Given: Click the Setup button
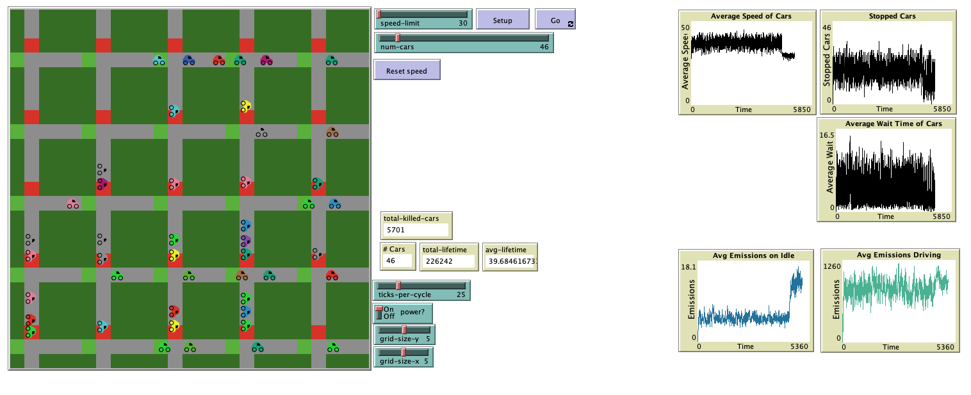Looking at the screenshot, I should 503,20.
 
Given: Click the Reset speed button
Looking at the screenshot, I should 407,70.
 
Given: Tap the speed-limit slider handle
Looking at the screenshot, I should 379,14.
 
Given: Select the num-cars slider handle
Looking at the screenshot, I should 397,38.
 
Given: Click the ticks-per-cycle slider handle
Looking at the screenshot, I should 398,286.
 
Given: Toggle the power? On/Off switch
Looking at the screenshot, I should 379,312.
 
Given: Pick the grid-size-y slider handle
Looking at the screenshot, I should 404,330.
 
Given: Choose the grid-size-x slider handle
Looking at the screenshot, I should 404,352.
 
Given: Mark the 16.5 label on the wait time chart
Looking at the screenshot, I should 828,135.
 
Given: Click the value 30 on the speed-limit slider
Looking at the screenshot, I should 462,22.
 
